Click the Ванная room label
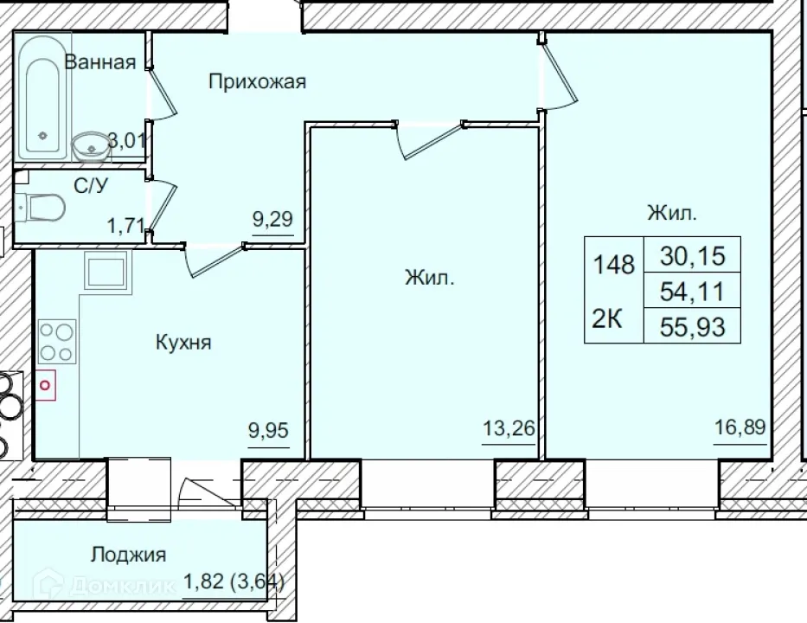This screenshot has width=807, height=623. (x=100, y=61)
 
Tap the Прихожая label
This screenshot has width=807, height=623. (x=258, y=82)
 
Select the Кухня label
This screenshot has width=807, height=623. (x=183, y=343)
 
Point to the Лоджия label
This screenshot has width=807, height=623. (x=129, y=555)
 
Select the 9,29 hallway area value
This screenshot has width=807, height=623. (x=272, y=219)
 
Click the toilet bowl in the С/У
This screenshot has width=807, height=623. (x=44, y=208)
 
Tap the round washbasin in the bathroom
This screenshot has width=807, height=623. (x=90, y=146)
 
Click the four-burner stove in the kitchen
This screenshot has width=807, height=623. (x=57, y=340)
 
